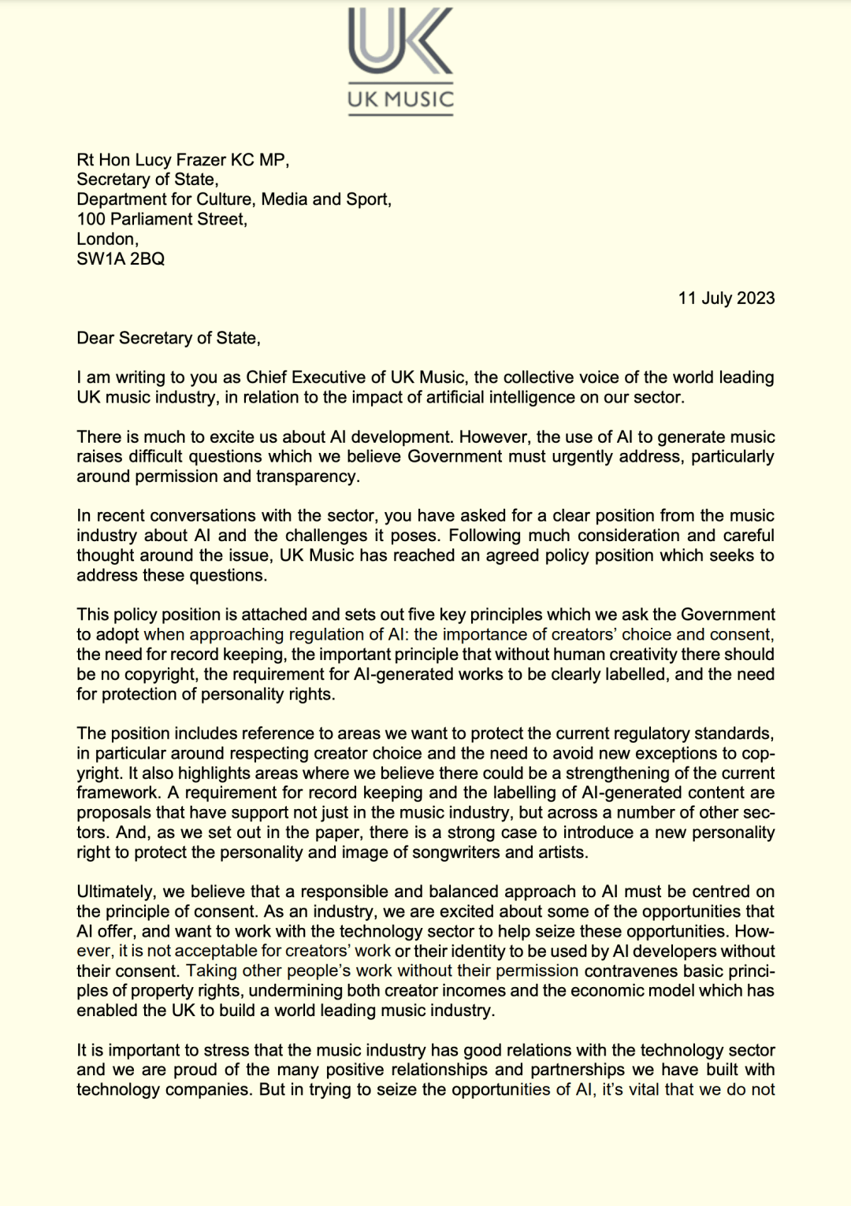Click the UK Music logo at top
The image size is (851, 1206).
pos(400,61)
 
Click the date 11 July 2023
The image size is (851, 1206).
pos(726,298)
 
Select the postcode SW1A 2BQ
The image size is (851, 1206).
pos(121,259)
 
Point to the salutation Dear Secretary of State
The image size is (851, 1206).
pos(168,338)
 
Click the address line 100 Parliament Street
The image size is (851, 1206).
pos(162,219)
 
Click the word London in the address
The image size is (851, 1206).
pos(107,239)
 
